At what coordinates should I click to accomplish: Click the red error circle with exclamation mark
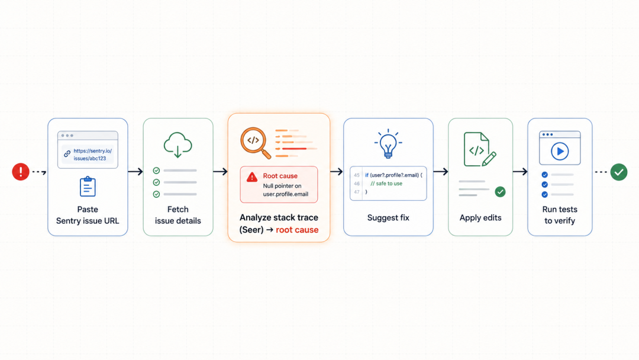[x=20, y=172]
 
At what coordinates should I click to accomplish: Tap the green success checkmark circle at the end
[x=619, y=172]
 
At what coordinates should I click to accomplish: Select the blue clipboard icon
[x=88, y=187]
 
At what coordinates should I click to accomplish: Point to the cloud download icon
[x=177, y=144]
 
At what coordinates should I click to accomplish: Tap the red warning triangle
[x=252, y=177]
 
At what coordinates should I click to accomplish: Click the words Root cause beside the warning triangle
[x=280, y=176]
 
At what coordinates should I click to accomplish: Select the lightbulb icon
[x=388, y=143]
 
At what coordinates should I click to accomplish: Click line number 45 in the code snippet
[x=357, y=175]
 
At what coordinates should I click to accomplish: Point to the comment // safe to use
[x=386, y=184]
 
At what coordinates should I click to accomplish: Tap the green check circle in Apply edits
[x=500, y=192]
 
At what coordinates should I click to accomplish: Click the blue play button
[x=560, y=151]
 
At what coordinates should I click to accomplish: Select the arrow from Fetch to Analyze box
[x=220, y=172]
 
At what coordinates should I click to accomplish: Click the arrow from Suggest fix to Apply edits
[x=441, y=172]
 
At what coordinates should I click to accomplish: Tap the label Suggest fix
[x=388, y=218]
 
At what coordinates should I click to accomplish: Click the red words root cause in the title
[x=297, y=230]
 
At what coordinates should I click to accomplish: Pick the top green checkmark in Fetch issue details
[x=156, y=171]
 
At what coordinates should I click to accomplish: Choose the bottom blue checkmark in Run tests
[x=544, y=194]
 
